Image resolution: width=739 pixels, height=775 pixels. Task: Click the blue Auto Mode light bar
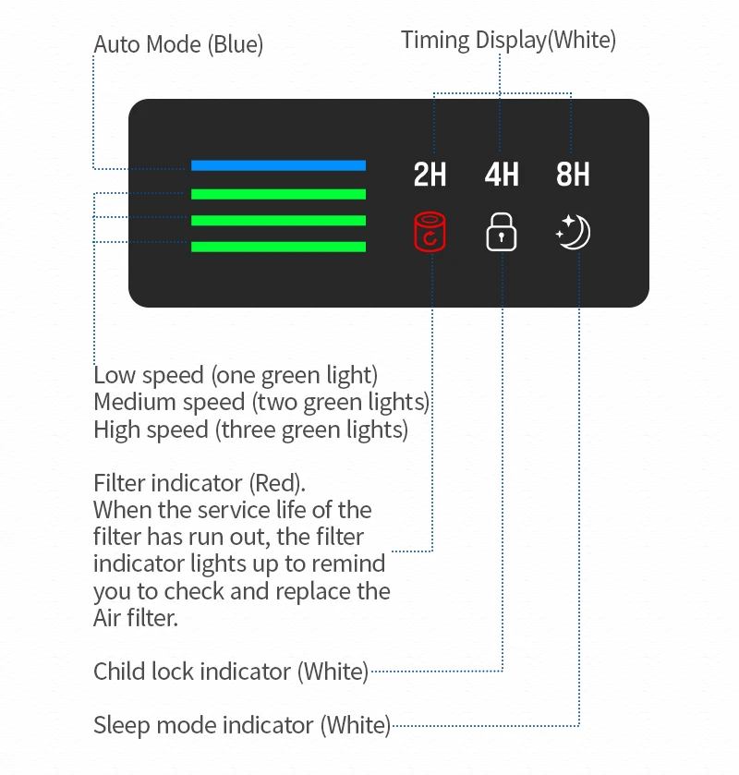point(278,165)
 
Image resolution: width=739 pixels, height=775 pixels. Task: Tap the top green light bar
point(278,194)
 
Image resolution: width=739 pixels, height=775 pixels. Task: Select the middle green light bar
point(278,221)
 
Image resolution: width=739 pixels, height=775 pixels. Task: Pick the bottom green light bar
point(278,247)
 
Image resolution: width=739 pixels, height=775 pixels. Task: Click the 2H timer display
point(430,175)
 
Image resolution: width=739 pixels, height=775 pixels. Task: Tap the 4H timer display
point(502,175)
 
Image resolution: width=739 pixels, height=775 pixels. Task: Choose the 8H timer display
point(573,175)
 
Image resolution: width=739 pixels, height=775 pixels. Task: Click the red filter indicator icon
point(430,232)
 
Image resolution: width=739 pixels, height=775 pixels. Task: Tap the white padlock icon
point(502,232)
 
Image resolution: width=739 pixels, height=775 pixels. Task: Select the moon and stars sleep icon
point(574,232)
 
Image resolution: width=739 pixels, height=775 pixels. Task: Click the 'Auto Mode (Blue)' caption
point(178,44)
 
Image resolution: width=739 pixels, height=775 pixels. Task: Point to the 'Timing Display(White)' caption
point(508,40)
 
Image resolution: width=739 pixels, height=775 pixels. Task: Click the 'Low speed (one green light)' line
point(236,376)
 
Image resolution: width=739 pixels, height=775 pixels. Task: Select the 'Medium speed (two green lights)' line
point(261,403)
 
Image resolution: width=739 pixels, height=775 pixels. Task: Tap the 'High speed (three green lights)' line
point(250,430)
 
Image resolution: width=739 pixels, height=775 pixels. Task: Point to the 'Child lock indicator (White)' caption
point(231,672)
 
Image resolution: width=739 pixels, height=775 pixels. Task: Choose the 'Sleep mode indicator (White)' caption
point(242,726)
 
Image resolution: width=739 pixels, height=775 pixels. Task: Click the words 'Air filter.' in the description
point(135,618)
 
